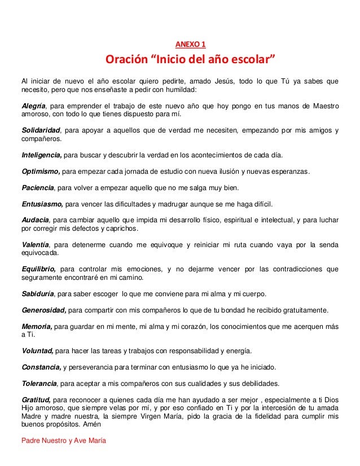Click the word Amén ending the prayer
[x=91, y=425]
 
